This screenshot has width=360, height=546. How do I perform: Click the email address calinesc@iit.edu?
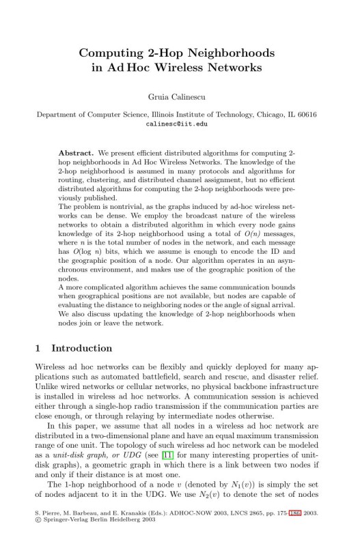point(179,124)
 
